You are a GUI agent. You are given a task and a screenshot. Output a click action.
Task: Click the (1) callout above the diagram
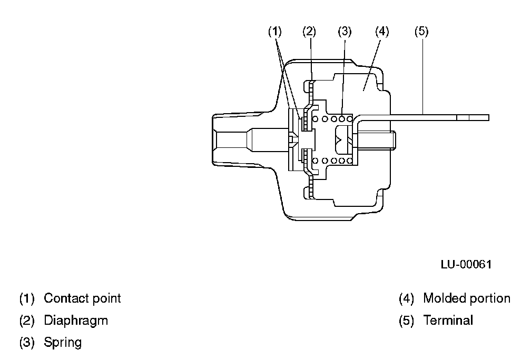275,32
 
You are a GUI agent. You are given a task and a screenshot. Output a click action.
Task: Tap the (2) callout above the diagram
309,32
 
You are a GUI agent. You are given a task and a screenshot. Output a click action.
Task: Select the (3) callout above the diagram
345,32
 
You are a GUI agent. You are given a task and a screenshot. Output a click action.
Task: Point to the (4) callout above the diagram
382,32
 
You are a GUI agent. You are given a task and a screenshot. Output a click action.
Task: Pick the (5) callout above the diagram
421,32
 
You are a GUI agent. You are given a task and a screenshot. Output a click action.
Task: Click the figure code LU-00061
466,264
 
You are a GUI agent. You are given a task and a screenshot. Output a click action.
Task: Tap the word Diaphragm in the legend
76,321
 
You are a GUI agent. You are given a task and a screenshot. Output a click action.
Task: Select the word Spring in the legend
63,343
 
